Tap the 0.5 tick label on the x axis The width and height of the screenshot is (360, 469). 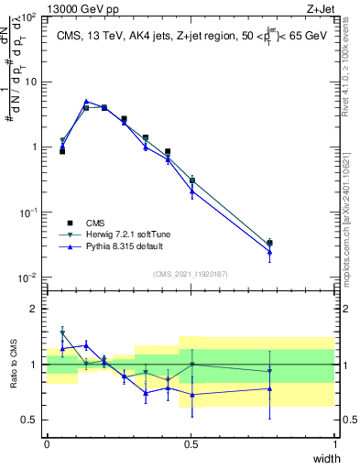(191, 444)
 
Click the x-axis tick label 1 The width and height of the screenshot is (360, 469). (335, 444)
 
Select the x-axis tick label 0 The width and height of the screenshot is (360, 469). (47, 444)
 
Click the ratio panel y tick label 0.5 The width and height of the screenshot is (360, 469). (30, 420)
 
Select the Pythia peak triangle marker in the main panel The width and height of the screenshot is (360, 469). (86, 102)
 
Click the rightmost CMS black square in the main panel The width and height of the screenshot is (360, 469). (269, 243)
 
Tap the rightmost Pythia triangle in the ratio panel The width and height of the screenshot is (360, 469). (269, 388)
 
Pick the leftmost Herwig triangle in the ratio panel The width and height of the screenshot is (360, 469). (62, 333)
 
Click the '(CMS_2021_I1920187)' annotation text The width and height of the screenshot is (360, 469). (191, 274)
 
